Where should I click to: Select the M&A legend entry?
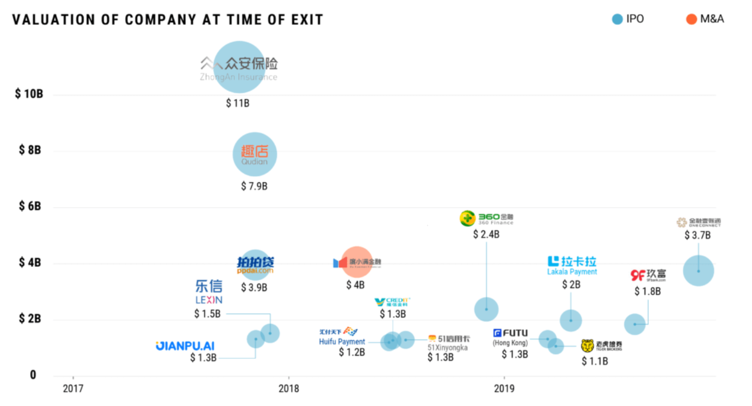(705, 19)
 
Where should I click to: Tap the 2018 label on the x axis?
(289, 388)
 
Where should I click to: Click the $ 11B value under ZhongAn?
(238, 103)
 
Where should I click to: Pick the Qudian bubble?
(254, 154)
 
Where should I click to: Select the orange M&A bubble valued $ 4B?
(357, 262)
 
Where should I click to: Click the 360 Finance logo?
(486, 218)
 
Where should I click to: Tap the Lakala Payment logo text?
(572, 265)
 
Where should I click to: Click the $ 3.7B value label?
(697, 235)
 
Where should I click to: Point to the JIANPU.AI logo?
(185, 346)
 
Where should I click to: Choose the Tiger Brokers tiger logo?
(588, 346)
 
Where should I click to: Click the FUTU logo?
(511, 333)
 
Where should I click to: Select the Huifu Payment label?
(342, 342)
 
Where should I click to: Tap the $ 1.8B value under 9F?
(647, 292)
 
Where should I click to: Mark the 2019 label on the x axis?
(504, 388)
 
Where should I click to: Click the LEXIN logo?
(209, 292)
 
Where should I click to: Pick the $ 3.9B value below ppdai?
(254, 287)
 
